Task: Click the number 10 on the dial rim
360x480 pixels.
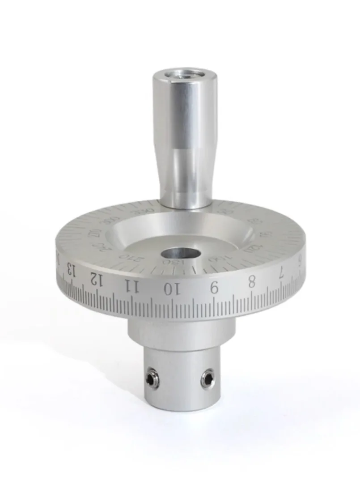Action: pos(170,289)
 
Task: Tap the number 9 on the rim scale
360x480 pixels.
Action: pos(214,288)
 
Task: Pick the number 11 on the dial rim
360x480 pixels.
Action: pos(131,285)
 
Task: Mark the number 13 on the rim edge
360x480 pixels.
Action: pos(71,270)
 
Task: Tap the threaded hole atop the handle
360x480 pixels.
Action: pos(183,73)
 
